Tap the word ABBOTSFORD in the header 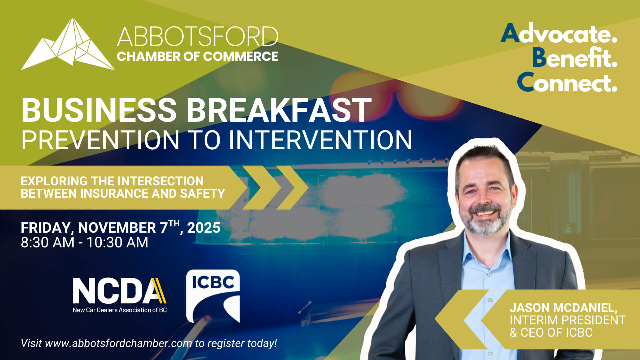point(197,37)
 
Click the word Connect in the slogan point(567,83)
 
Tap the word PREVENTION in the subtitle point(100,140)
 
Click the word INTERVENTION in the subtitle point(320,140)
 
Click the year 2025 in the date point(204,228)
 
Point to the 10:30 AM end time point(117,243)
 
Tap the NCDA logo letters point(119,291)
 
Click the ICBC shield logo point(213,296)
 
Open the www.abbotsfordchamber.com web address point(118,343)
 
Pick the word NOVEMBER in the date point(117,228)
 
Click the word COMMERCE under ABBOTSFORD point(240,56)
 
